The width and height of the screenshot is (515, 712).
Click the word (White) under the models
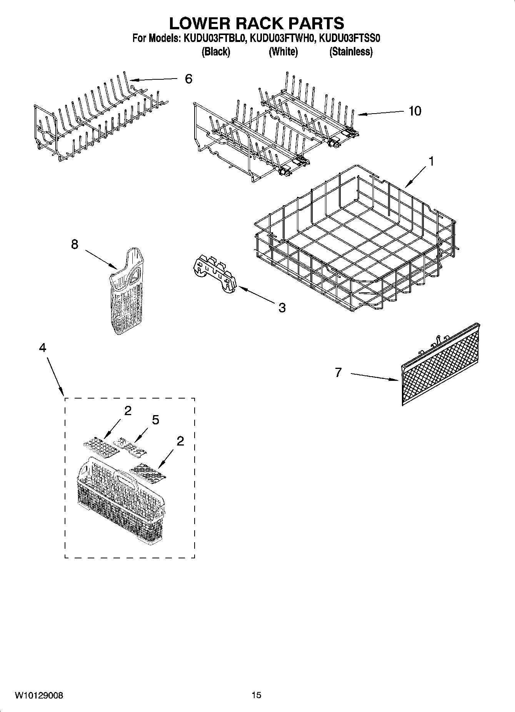283,52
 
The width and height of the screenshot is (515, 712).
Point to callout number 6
188,79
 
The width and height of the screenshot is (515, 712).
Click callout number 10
415,111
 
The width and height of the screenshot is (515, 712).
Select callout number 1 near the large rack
431,161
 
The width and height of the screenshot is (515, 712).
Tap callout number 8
75,244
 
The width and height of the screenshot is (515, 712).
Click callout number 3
282,307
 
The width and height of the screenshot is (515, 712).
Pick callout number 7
338,372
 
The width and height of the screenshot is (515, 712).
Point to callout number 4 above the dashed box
43,348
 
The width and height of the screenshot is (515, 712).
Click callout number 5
155,420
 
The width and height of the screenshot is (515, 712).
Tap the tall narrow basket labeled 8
126,293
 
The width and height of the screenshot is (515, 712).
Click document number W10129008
39,695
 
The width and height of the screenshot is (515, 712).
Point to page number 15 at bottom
257,695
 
